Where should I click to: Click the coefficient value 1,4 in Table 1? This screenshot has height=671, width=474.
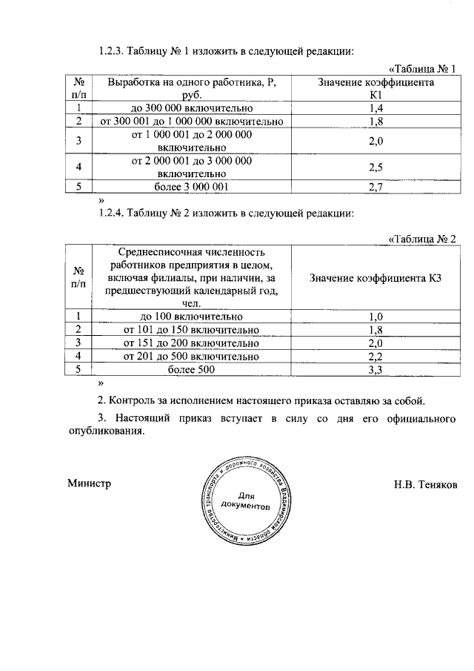pos(375,108)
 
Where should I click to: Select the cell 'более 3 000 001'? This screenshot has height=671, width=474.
pos(192,188)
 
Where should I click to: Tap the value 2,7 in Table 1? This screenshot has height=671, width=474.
pos(375,188)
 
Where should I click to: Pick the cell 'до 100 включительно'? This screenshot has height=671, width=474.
pos(191,317)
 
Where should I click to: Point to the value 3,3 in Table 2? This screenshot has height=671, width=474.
pos(375,369)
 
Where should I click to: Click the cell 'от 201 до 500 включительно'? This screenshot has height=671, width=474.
pos(191,356)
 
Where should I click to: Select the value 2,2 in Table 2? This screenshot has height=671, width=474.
pos(375,356)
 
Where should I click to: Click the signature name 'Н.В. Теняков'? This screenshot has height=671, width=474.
pos(426,483)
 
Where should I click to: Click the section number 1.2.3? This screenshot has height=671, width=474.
pos(111,52)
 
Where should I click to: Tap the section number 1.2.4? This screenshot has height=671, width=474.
pos(111,214)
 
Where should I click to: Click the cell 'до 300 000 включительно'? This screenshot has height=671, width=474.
pos(192,108)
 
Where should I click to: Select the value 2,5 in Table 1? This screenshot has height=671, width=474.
pos(375,168)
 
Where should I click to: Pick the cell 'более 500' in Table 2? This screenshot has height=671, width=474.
pos(191,369)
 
